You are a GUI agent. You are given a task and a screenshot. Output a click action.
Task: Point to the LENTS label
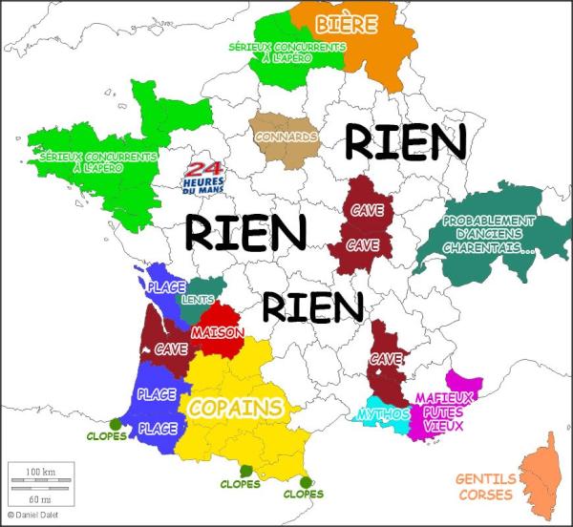[197, 299]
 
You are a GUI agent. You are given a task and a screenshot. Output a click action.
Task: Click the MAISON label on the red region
[217, 332]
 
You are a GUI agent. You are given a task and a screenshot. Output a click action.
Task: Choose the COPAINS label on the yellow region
[236, 408]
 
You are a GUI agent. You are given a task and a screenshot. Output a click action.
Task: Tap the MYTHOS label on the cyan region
[382, 414]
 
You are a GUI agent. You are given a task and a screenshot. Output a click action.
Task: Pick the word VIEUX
[444, 426]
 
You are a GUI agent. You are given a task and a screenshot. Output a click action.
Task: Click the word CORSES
[485, 494]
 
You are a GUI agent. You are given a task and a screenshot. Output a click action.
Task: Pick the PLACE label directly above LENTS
[166, 285]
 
